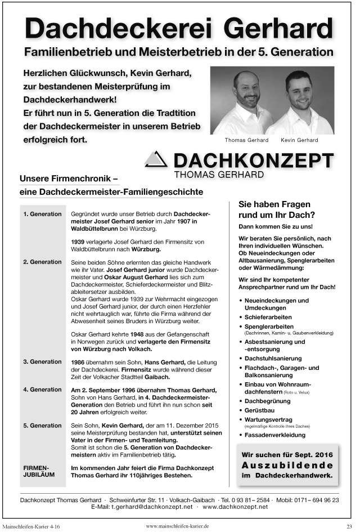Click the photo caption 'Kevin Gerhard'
(299, 140)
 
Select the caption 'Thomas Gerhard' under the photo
(246, 140)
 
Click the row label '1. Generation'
(43, 214)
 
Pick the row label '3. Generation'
(43, 361)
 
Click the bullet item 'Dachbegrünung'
(268, 401)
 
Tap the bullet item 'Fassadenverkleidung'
(275, 435)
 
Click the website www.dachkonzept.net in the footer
(235, 507)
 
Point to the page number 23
(349, 526)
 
